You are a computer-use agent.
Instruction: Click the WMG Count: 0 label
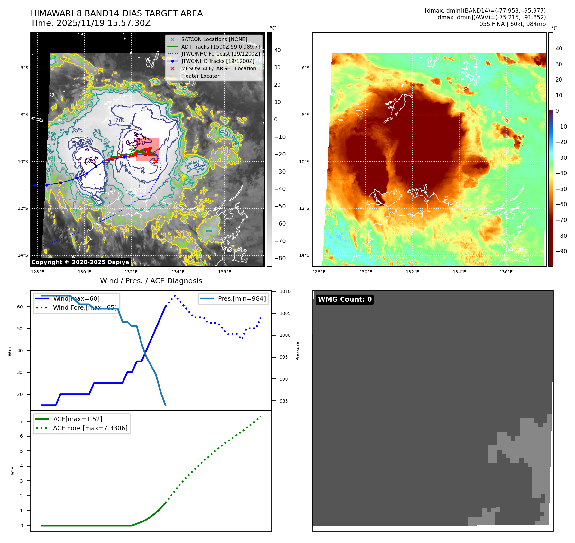coord(344,299)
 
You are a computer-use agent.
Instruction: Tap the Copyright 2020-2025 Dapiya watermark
coord(80,262)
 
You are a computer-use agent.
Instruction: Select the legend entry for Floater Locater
coord(200,76)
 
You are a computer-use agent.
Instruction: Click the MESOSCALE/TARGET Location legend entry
coord(218,69)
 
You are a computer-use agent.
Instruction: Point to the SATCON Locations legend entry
coord(214,40)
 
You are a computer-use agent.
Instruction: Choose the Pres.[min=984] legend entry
coord(242,299)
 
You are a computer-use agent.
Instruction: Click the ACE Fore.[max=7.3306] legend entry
coord(90,428)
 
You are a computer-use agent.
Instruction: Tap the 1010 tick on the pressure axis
coord(285,292)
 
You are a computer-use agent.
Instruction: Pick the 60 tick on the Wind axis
coord(20,307)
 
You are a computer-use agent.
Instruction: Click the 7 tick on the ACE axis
coord(22,421)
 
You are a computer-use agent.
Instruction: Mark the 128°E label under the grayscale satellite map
coord(38,272)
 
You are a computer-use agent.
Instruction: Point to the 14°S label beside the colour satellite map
coord(304,255)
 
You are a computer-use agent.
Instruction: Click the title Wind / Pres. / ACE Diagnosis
coord(151,281)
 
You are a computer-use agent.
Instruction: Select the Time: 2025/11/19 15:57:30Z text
coord(90,23)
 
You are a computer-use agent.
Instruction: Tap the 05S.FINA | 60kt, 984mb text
coord(512,24)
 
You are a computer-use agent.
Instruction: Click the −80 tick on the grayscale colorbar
coord(280,258)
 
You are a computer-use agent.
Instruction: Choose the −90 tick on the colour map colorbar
coord(561,251)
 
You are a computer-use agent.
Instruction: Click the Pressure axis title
coord(297,351)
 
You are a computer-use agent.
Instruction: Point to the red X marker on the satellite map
coord(156,161)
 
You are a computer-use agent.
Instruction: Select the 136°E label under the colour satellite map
coord(506,272)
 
